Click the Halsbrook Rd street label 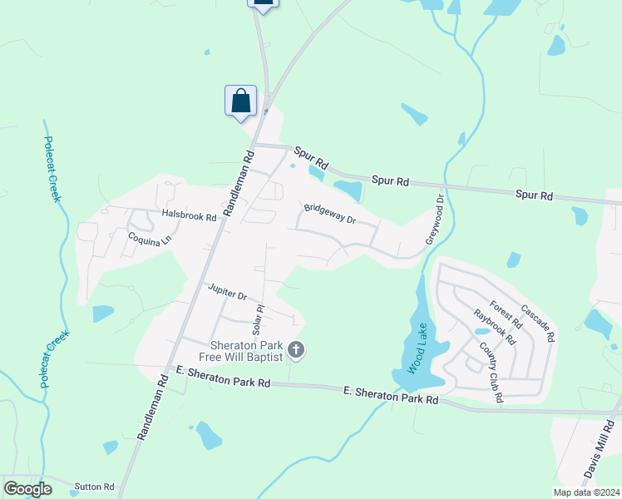[189, 215]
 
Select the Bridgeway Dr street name [329, 215]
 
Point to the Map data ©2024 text [586, 492]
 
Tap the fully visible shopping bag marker [240, 101]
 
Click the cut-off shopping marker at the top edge [263, 4]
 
